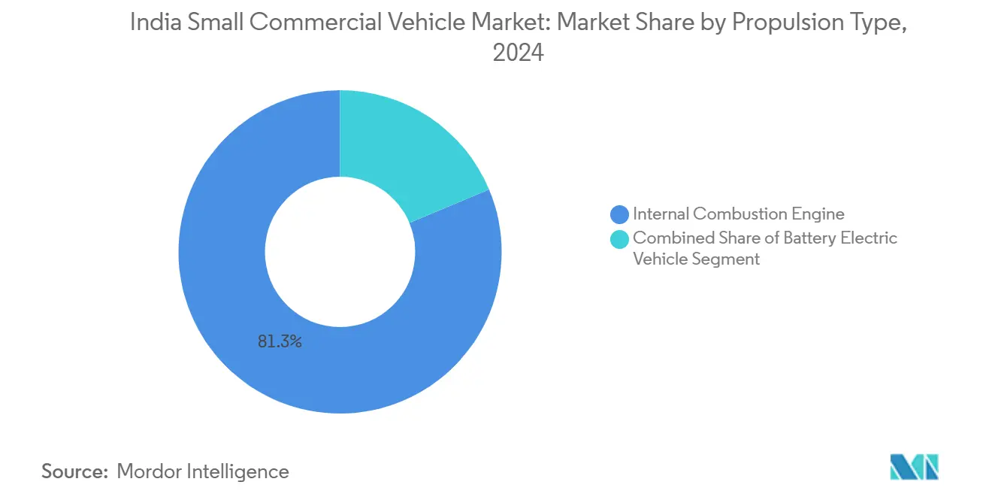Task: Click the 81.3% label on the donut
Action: coord(280,342)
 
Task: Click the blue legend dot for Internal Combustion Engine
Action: coord(620,215)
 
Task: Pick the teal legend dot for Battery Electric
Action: coord(620,239)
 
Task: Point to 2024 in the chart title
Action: coord(518,53)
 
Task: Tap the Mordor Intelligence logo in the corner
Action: coord(914,467)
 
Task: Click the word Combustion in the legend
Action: coord(738,214)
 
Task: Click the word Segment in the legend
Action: coord(727,259)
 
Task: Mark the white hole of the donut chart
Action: coord(340,252)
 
